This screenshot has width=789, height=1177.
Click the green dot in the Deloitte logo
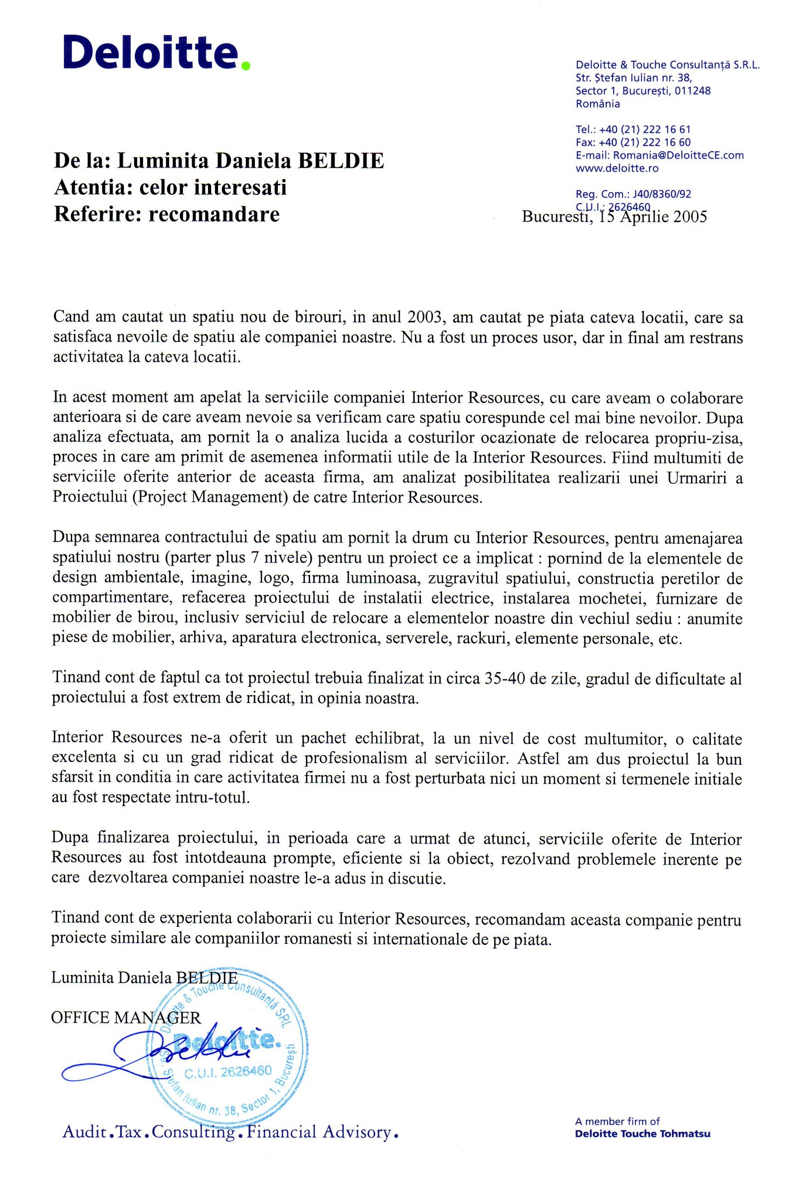click(x=246, y=65)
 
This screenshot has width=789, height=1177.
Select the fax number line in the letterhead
click(x=633, y=142)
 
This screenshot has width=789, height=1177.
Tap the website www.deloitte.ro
click(x=617, y=168)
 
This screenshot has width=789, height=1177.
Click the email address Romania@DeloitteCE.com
click(x=677, y=155)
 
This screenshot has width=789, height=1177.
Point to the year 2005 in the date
click(x=688, y=217)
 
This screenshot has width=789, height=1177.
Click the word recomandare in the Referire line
click(x=215, y=214)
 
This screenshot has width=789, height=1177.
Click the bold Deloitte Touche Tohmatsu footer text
click(x=643, y=1134)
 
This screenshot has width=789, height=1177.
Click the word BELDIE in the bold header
click(x=341, y=161)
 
